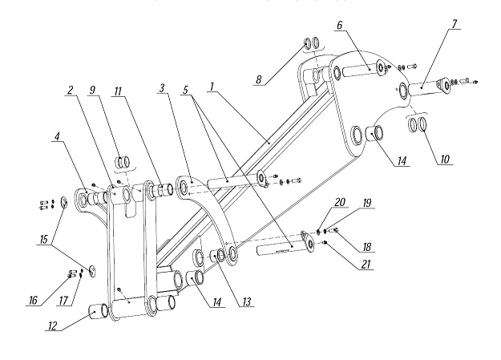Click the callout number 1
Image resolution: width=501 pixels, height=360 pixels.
(212, 87)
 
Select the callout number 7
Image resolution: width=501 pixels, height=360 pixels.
(454, 24)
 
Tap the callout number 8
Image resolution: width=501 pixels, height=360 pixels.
(258, 79)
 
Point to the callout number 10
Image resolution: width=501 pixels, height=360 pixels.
(444, 159)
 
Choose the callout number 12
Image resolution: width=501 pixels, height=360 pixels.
(52, 326)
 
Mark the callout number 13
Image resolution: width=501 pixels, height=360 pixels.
(246, 301)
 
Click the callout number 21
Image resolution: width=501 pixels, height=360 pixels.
(366, 264)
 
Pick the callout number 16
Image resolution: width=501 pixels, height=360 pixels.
(33, 300)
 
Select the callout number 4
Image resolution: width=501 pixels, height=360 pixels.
(57, 136)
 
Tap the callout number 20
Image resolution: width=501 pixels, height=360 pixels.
(340, 202)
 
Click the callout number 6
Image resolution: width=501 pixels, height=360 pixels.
(339, 25)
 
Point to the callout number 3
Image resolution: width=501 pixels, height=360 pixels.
(162, 88)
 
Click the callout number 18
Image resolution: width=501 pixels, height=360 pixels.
(367, 246)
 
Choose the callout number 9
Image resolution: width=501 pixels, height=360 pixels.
(92, 90)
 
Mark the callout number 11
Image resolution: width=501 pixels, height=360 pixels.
(118, 91)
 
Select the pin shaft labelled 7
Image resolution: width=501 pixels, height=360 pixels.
(426, 87)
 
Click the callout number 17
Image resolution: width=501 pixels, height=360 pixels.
(63, 300)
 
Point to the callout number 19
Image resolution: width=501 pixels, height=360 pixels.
(367, 203)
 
